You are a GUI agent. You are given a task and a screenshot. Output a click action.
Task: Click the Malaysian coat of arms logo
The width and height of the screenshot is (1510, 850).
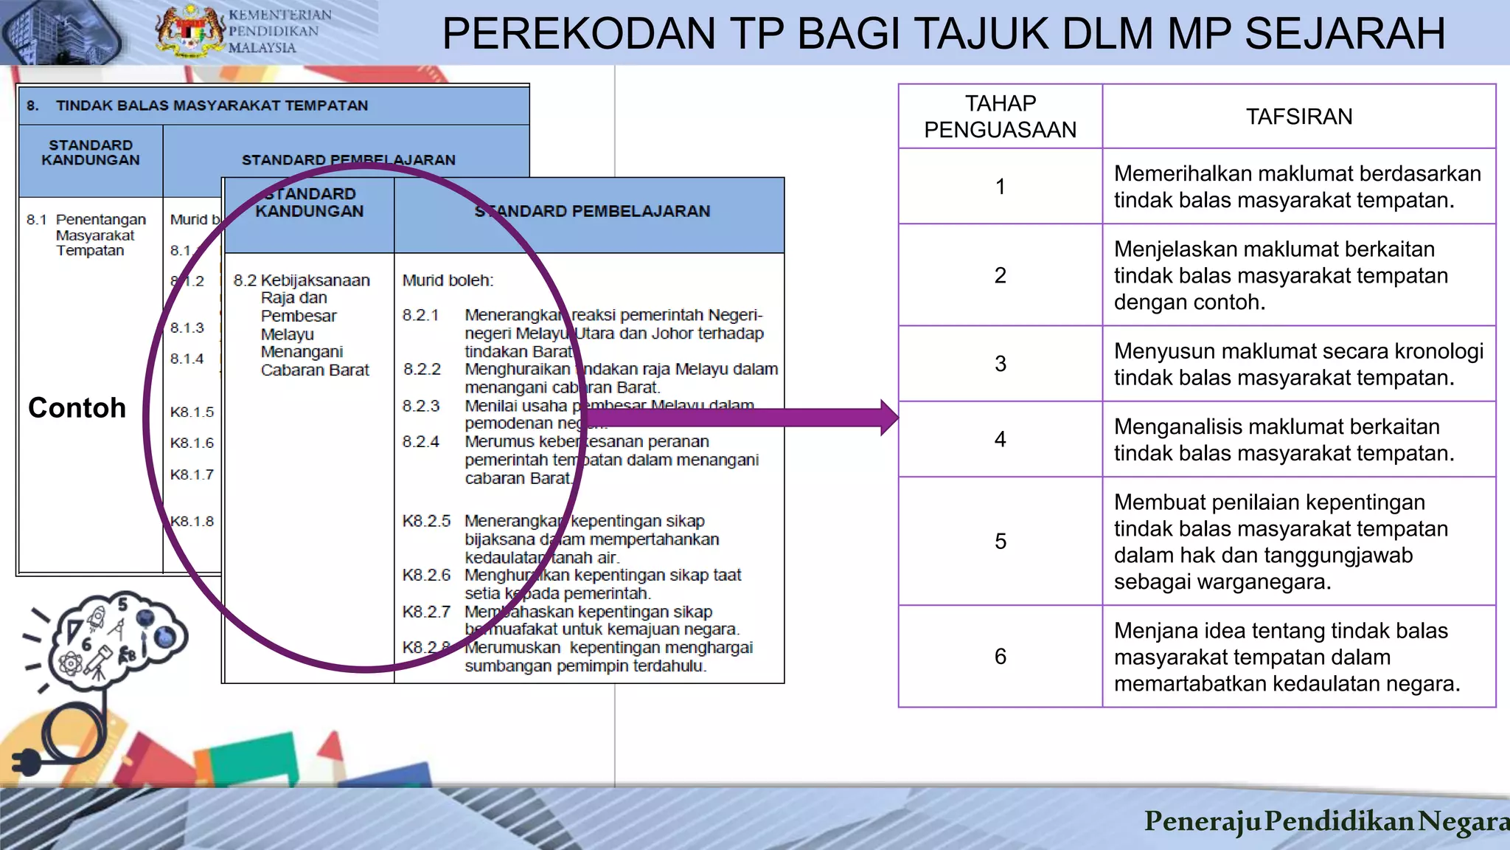point(189,31)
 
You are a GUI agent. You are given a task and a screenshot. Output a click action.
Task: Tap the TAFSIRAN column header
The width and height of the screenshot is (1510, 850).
point(1298,117)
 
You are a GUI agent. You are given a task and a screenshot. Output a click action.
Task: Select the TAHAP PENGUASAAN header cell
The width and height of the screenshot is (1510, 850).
point(1000,117)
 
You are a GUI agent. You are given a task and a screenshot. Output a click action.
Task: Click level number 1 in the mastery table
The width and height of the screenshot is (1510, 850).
point(1000,187)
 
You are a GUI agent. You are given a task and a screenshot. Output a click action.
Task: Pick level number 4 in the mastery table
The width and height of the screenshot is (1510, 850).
point(1000,440)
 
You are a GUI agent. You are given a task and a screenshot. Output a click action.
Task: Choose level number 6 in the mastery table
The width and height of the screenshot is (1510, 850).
point(1000,657)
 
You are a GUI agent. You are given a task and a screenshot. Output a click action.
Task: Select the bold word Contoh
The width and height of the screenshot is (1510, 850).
point(77,408)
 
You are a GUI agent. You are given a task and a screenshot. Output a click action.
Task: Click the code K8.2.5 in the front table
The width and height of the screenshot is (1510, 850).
point(426,521)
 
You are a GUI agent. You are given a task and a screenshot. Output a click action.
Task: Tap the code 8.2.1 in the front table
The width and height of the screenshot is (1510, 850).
point(420,316)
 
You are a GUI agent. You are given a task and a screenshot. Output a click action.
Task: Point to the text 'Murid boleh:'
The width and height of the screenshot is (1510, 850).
point(448,280)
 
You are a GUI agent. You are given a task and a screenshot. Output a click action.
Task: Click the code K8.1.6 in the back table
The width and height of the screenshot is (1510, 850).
point(192,443)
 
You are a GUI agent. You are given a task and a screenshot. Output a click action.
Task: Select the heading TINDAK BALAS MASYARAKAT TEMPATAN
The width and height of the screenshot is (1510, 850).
point(212,106)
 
